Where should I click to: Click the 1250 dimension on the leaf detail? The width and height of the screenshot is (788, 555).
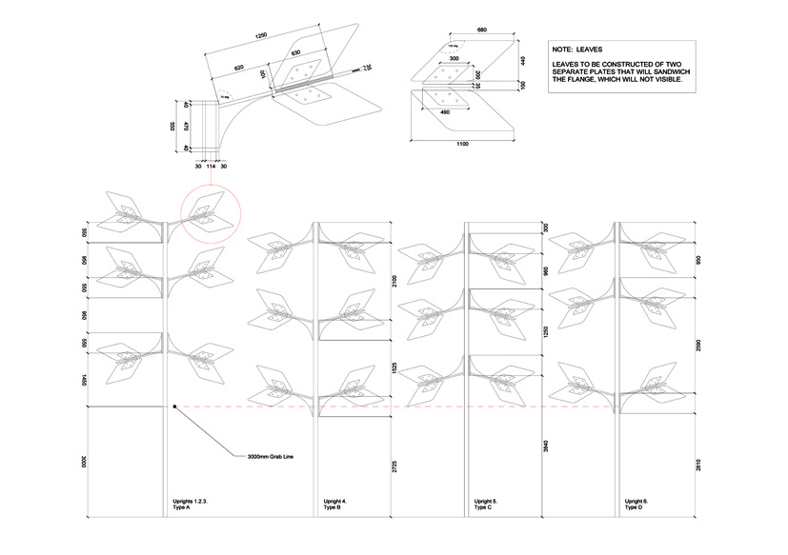(x=260, y=37)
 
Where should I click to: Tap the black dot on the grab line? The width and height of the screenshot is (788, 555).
(x=174, y=406)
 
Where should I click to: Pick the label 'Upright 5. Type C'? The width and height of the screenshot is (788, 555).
(x=486, y=504)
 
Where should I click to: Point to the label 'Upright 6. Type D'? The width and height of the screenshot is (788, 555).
(x=637, y=504)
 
